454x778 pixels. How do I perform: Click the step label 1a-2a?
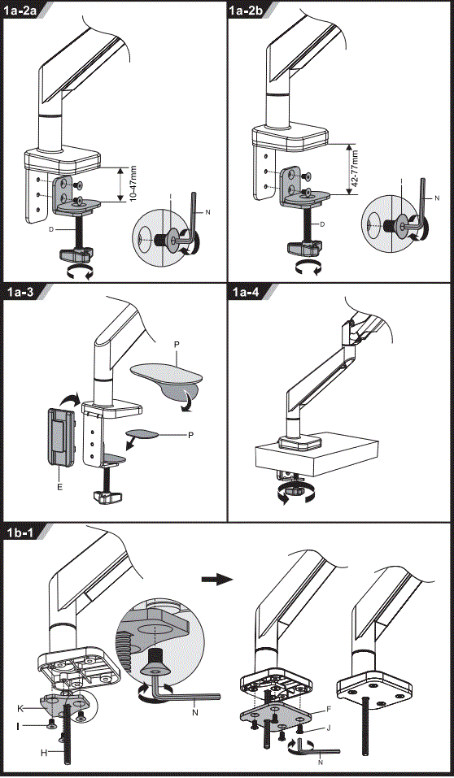(x=25, y=11)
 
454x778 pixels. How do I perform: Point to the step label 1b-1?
(x=24, y=532)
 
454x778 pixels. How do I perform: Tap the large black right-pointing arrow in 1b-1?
(x=216, y=579)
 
